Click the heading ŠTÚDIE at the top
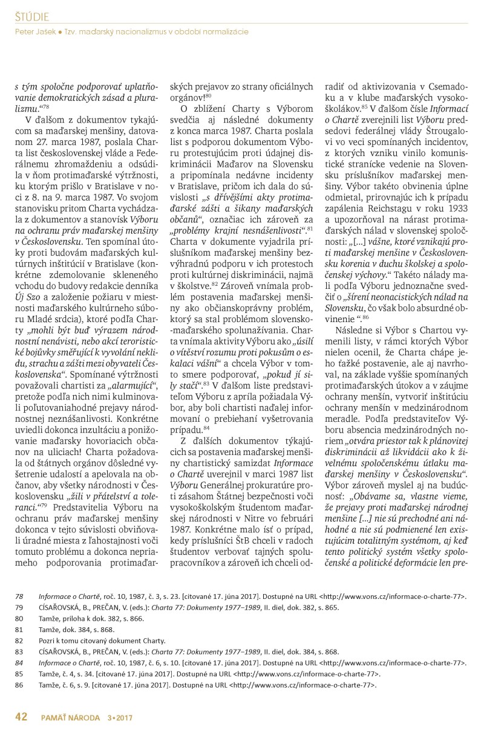tap(32, 16)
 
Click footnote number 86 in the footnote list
tap(19, 685)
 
